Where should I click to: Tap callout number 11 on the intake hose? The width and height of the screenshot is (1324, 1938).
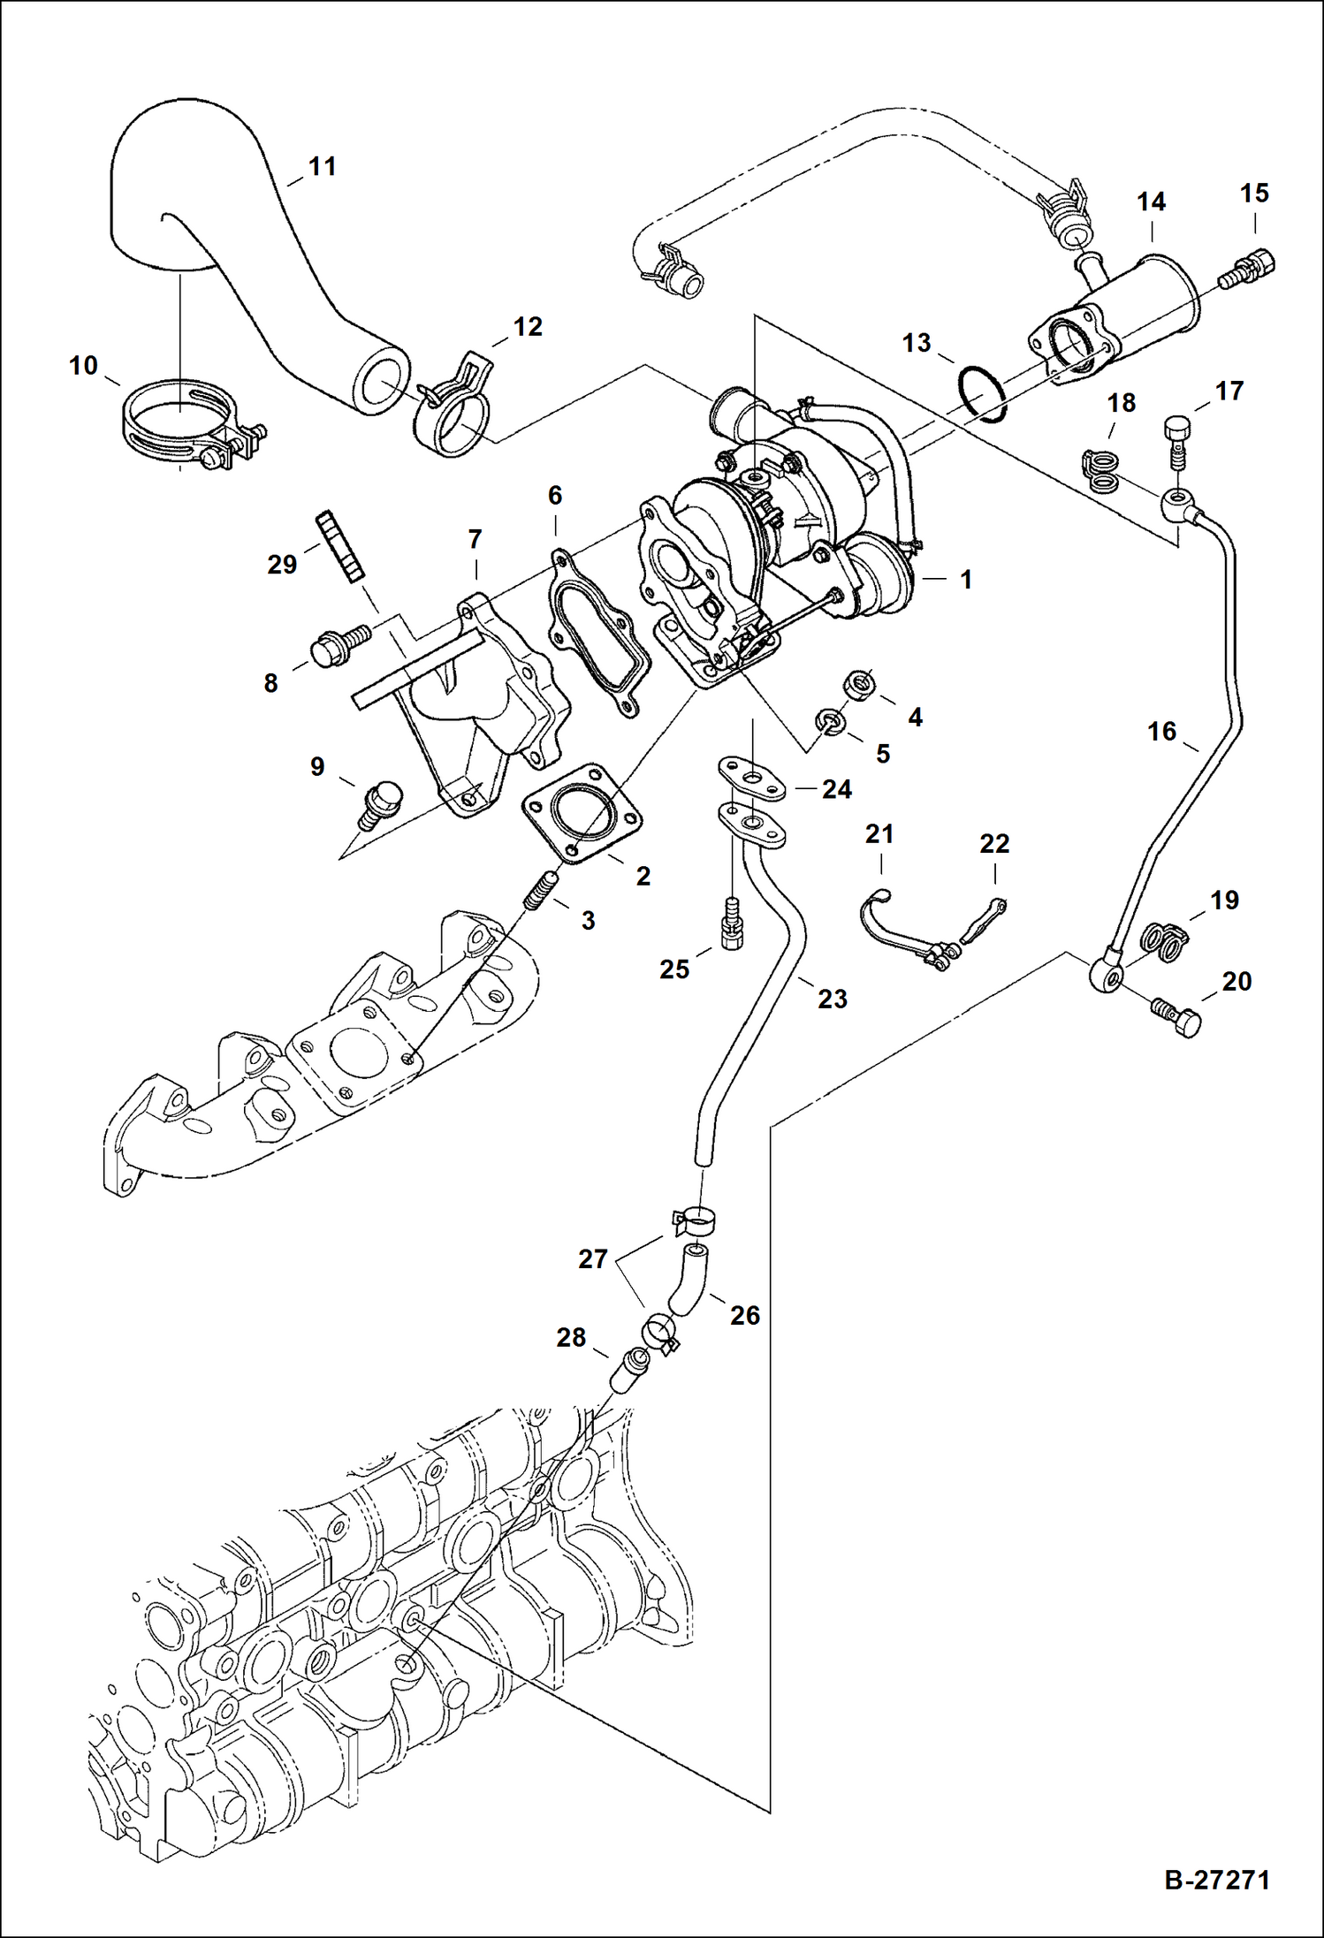tap(323, 166)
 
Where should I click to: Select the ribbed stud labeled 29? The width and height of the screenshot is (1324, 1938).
tap(339, 546)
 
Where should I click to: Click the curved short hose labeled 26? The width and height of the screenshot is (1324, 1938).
tap(688, 1279)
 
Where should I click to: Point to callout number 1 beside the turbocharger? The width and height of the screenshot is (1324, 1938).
tap(966, 580)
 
